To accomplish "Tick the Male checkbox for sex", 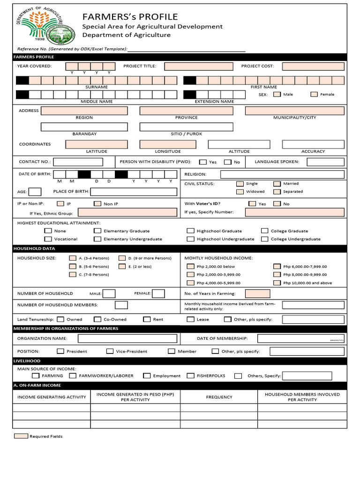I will coord(277,94).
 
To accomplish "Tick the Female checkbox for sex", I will coord(314,94).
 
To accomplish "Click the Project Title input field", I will coord(198,66).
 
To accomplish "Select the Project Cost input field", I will coord(313,66).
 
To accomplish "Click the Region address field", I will coord(84,111).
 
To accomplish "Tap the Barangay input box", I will coord(84,127).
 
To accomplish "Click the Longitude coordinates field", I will coord(167,144).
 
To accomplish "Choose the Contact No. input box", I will coord(78,162).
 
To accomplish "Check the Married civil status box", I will coord(277,184).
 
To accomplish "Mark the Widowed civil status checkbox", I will coord(240,192).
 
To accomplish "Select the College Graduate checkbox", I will coord(265,231).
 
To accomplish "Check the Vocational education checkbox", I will coord(48,239).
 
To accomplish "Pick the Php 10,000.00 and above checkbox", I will coord(277,283).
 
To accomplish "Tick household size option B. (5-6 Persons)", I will coord(73,266).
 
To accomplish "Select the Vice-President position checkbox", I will coord(110,351).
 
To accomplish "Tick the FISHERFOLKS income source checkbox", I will coord(190,375).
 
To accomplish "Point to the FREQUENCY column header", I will coord(219,397).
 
